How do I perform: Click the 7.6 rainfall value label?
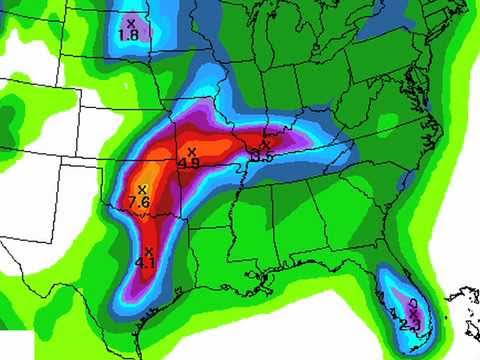pyautogui.click(x=140, y=202)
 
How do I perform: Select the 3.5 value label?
pyautogui.click(x=264, y=155)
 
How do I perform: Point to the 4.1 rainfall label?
pyautogui.click(x=146, y=264)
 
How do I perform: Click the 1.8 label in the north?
pyautogui.click(x=128, y=35)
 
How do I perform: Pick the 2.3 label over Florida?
pyautogui.click(x=411, y=324)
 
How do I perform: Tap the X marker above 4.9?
pyautogui.click(x=191, y=150)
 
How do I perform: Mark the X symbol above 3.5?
pyautogui.click(x=267, y=143)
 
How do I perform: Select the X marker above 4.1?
pyautogui.click(x=148, y=251)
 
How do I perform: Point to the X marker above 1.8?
pyautogui.click(x=130, y=22)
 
